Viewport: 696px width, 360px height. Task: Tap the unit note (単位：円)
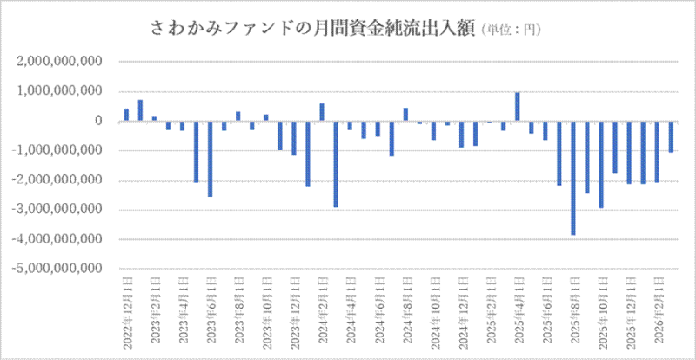coord(510,31)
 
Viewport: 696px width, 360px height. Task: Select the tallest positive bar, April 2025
coord(517,107)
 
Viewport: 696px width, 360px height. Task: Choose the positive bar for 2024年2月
coord(322,112)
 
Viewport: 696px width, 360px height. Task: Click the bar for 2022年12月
coord(126,115)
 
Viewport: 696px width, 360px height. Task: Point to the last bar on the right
coord(672,137)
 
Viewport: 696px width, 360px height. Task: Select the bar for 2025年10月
coord(601,164)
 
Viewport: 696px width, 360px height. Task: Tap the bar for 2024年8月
coord(405,115)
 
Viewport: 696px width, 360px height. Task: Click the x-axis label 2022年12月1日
coord(126,312)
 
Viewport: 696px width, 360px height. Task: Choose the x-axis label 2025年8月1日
coord(573,314)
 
